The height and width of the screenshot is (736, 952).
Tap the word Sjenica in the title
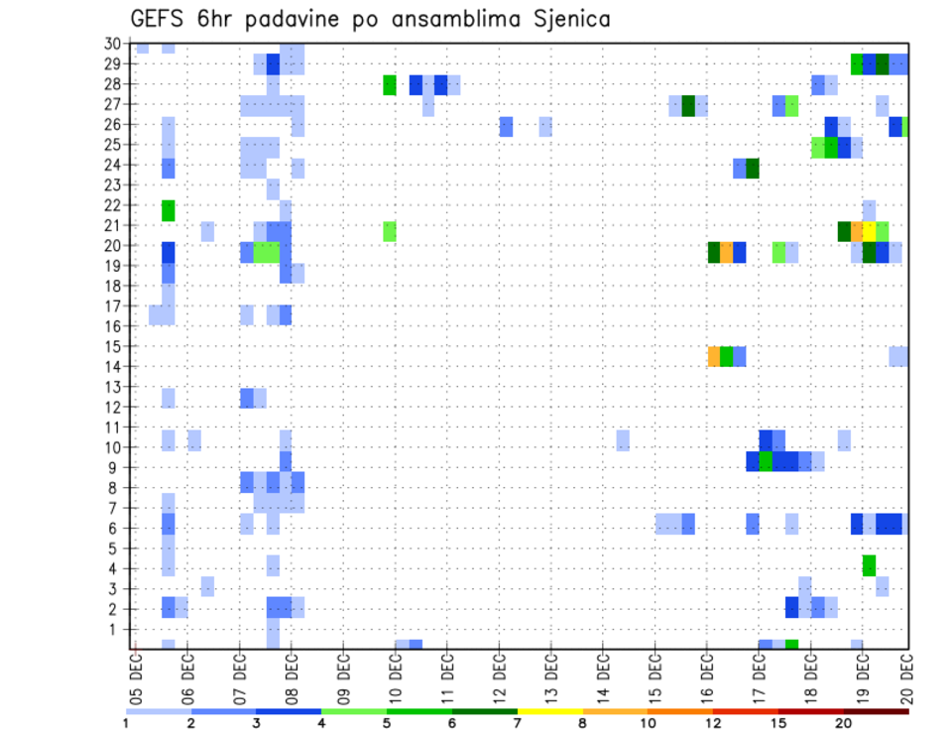click(569, 19)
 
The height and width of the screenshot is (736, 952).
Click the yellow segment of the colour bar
click(550, 711)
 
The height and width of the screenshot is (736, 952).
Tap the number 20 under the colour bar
click(844, 723)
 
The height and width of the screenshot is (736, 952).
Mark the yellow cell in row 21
click(870, 231)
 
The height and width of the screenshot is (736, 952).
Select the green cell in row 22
click(169, 210)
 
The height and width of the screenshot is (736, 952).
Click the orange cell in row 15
click(714, 356)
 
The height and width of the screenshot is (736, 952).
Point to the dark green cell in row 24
click(753, 169)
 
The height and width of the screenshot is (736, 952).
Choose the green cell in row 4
click(870, 565)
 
